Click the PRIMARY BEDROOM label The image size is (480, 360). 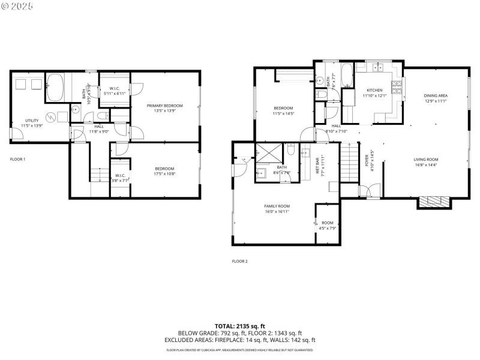[x=164, y=106]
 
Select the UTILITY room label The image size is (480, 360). [x=32, y=121]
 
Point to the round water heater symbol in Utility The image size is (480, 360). [x=52, y=116]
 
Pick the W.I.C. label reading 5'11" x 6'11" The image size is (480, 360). [x=114, y=91]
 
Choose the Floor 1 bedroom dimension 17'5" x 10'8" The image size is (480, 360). [x=164, y=173]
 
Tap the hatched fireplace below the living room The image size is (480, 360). [x=433, y=202]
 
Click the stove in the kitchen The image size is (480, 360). [x=396, y=88]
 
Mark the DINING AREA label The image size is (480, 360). [x=436, y=96]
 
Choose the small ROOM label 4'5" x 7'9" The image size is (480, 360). [x=327, y=223]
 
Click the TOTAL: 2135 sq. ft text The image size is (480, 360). [x=239, y=326]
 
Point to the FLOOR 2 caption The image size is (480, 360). [x=240, y=261]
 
